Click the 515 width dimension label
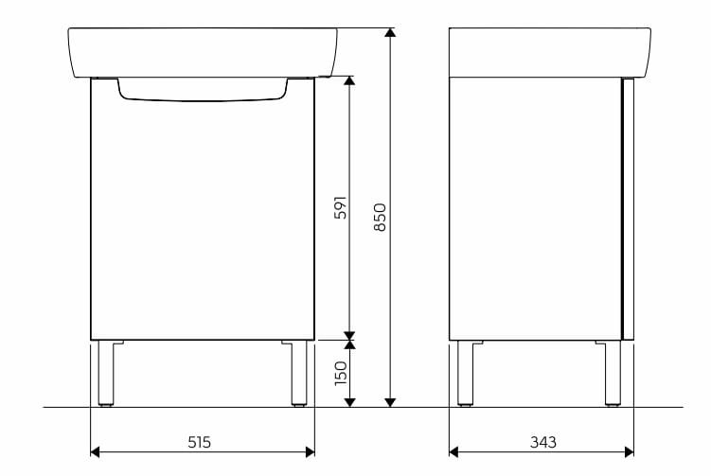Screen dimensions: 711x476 200,442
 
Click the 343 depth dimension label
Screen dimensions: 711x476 543,442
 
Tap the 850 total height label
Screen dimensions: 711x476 380,217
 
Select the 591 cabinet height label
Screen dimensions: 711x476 341,207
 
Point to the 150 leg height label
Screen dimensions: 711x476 341,374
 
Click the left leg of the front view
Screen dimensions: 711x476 106,373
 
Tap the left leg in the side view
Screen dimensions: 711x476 465,373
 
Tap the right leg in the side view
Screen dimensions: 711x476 613,373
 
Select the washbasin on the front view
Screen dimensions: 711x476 203,52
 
